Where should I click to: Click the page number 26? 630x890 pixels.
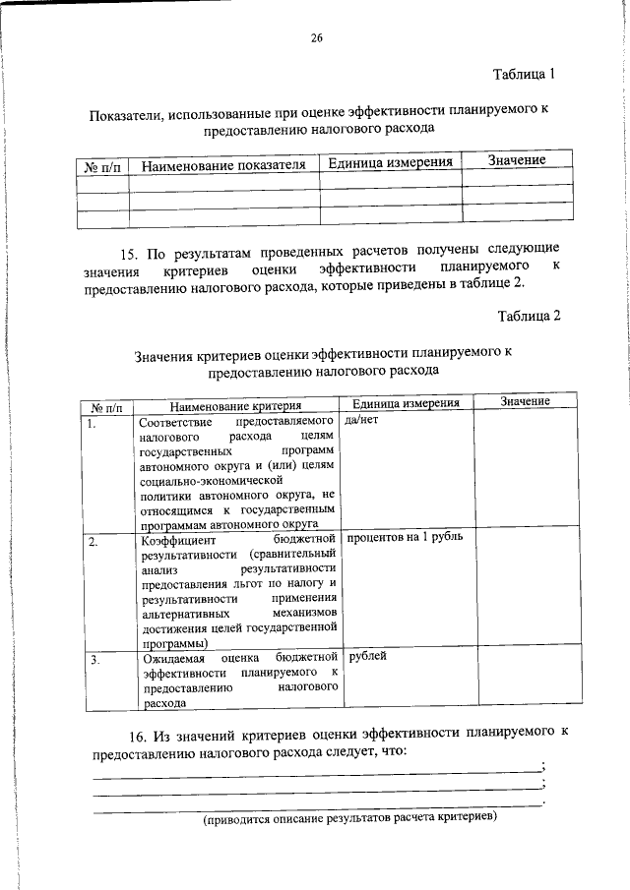[316, 39]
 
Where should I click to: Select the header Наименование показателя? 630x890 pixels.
[223, 165]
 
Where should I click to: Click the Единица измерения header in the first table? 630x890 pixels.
[391, 162]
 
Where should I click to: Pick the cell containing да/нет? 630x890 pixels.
[362, 420]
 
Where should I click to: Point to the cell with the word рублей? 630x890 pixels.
[367, 656]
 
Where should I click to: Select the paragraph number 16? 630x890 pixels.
[139, 736]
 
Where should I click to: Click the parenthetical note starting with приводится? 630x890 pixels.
[349, 818]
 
